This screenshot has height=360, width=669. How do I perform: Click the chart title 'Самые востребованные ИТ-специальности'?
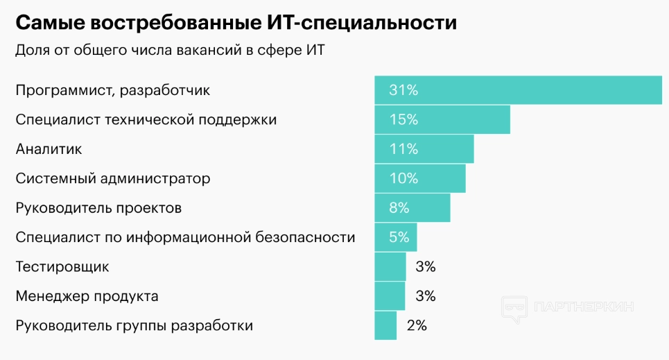(236, 23)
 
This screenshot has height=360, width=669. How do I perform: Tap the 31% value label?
(403, 90)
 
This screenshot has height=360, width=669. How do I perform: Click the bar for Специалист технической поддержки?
(442, 119)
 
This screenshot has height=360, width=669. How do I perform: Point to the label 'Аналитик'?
(49, 149)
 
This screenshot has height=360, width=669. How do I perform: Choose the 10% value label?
(403, 178)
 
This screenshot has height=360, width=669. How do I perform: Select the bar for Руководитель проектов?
(412, 207)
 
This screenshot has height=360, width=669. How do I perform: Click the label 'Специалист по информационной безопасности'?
(185, 237)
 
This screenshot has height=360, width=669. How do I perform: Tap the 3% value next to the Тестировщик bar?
(425, 266)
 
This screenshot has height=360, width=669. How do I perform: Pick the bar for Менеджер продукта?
(390, 296)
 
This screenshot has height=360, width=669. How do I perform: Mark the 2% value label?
(417, 325)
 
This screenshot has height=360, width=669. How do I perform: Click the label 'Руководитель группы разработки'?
(134, 325)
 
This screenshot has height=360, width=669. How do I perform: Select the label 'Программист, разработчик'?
(112, 90)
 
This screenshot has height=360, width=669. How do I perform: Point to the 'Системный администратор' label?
(112, 178)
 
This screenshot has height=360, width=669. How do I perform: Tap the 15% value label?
(403, 119)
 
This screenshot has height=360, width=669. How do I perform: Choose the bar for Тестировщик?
(390, 266)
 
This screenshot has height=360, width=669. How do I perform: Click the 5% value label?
(399, 237)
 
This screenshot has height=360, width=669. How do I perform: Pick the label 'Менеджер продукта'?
(87, 296)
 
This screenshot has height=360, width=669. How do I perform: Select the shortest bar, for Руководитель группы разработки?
(385, 325)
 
